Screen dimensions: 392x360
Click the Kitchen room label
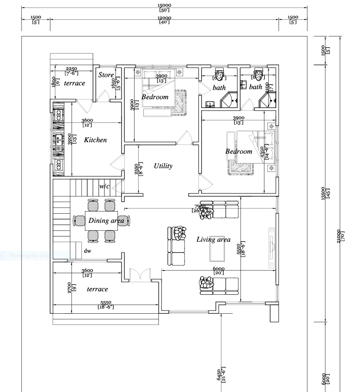point(95,140)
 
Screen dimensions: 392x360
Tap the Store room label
point(106,75)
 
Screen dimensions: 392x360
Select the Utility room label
point(163,166)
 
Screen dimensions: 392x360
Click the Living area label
point(213,239)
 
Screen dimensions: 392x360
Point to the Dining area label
point(106,221)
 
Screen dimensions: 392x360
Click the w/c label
point(104,186)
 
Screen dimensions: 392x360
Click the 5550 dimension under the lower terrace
point(106,305)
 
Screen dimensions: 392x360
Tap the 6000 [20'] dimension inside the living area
point(219,271)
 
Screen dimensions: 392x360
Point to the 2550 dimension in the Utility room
point(139,169)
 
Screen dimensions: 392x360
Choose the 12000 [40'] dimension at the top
point(165,19)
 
